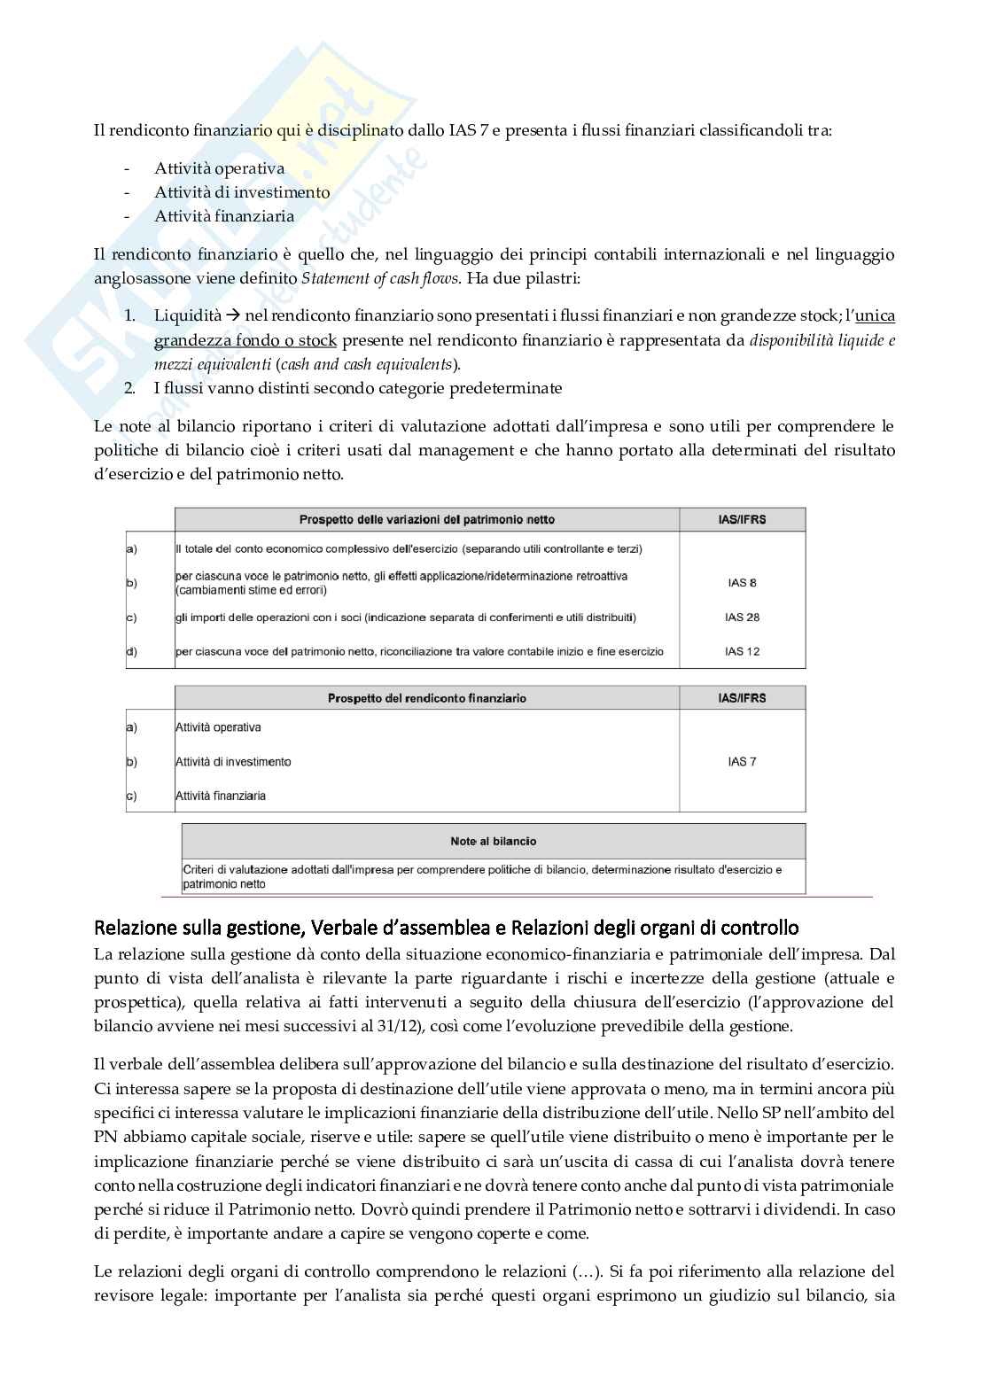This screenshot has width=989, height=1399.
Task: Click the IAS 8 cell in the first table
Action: pos(742,583)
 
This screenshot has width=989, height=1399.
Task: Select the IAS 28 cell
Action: pos(742,618)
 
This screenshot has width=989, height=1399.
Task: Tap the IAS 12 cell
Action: pos(742,651)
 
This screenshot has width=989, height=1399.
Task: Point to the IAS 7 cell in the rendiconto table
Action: pos(742,762)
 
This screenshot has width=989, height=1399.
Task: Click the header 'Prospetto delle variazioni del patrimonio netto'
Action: pos(427,520)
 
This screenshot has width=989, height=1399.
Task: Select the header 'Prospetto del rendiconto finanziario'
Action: pos(427,698)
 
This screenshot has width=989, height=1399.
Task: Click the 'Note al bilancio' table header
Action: pos(493,841)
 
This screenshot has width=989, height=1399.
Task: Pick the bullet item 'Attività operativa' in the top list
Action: pos(219,168)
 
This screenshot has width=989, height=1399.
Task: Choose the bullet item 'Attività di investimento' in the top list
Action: pos(242,192)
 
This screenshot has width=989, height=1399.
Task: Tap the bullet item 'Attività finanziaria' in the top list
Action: pos(224,216)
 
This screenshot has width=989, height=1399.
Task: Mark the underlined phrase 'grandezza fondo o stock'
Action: pos(245,340)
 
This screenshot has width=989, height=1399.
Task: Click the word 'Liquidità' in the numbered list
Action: pos(187,316)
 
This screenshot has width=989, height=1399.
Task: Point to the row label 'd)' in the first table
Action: pos(132,651)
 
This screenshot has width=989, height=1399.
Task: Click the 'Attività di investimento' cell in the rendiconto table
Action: pos(233,762)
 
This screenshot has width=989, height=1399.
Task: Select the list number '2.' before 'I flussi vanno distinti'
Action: pos(129,388)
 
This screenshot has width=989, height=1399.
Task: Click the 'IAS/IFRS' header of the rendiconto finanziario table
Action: pos(742,698)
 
